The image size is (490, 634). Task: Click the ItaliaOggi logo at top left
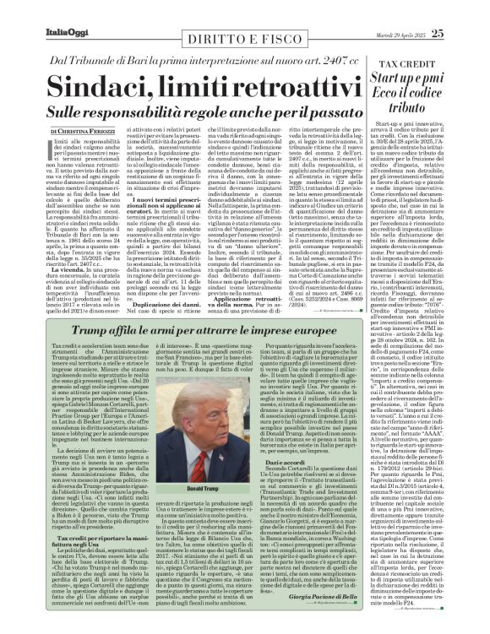(39, 11)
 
